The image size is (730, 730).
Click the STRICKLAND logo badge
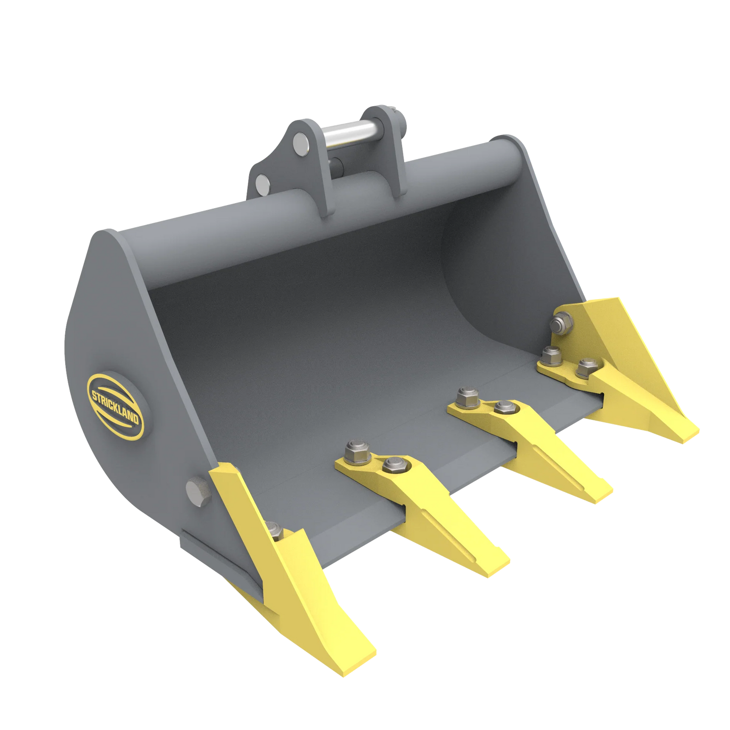tap(116, 404)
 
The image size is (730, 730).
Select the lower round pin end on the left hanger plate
tap(263, 183)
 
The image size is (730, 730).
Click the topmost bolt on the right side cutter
tap(562, 322)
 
